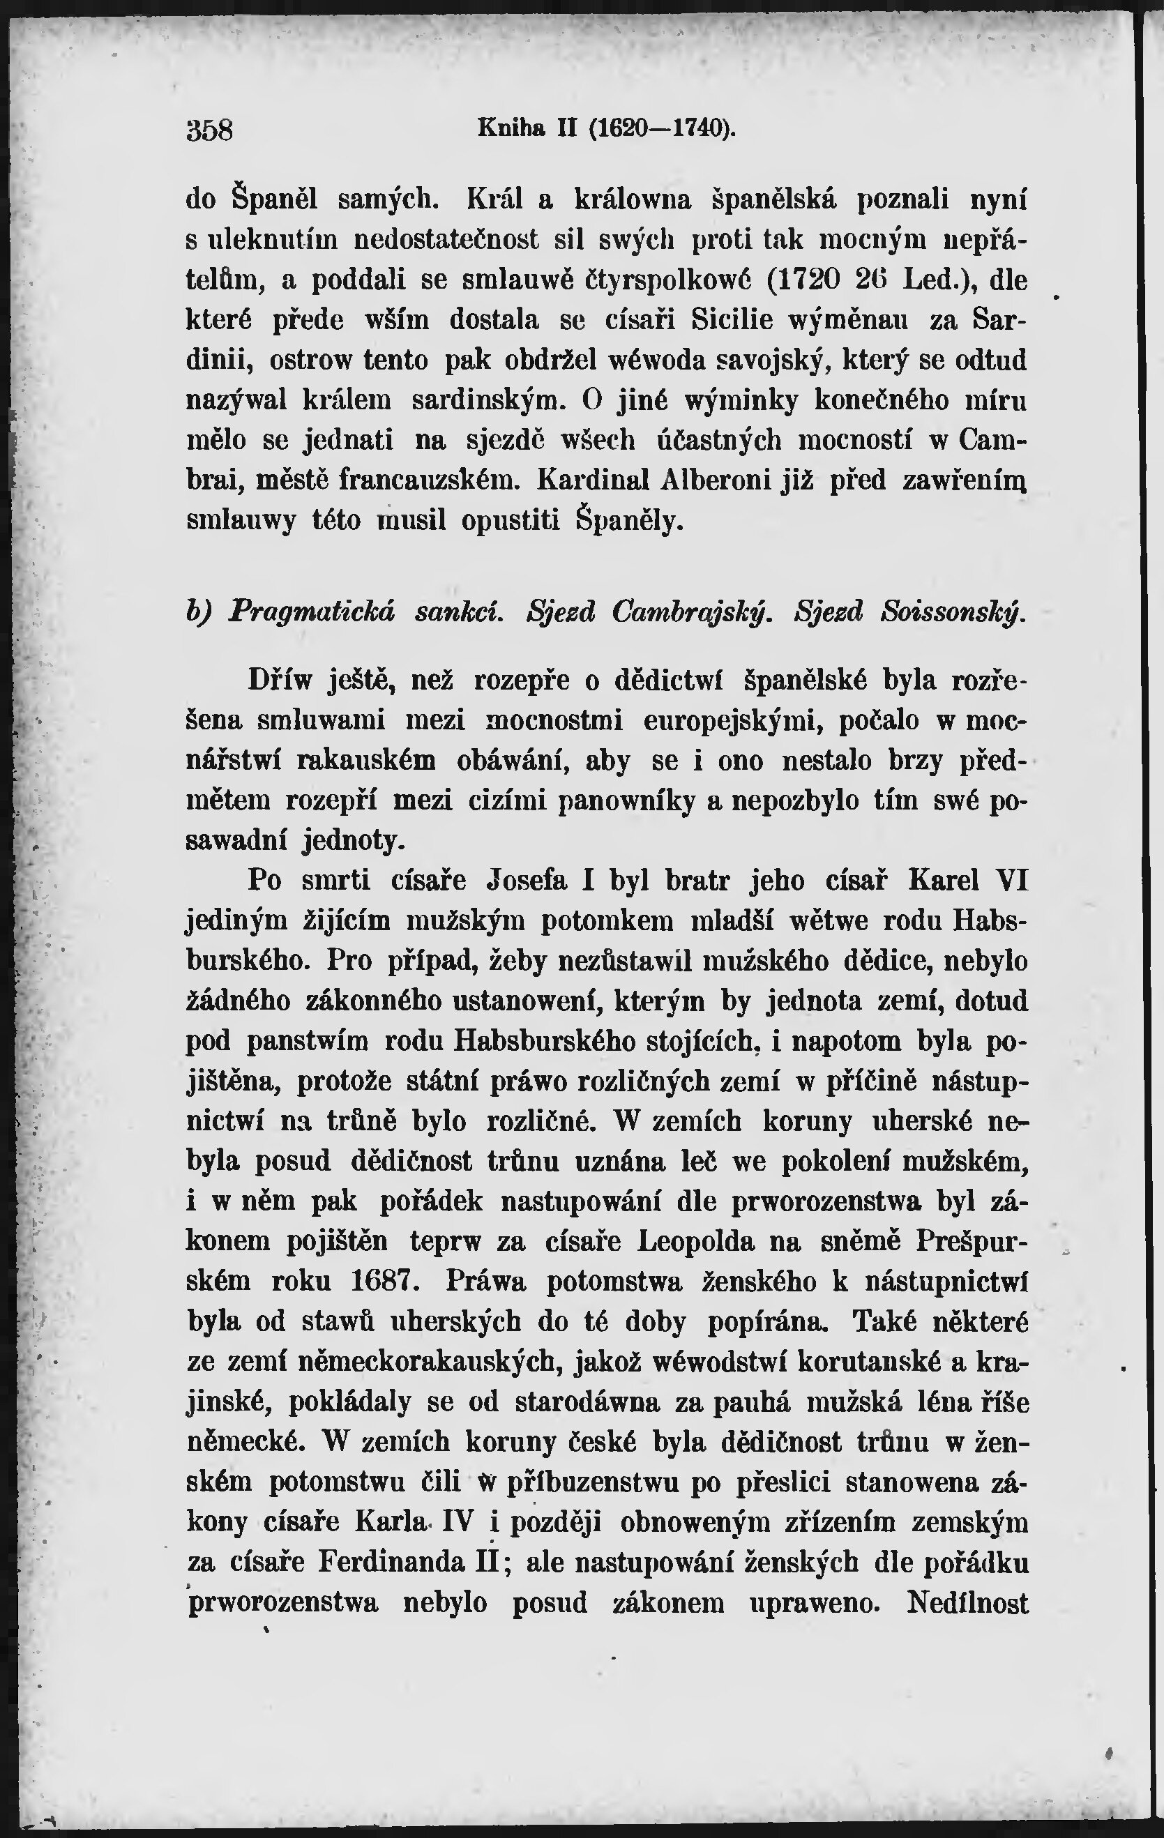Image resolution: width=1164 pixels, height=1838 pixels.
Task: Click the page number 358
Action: tap(209, 130)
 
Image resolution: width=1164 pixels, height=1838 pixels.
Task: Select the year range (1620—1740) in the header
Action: tap(663, 127)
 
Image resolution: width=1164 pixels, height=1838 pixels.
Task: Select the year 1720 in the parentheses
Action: tap(800, 280)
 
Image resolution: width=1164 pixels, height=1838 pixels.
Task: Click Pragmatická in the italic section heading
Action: tap(312, 612)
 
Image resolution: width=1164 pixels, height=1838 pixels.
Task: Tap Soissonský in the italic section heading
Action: tap(949, 612)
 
